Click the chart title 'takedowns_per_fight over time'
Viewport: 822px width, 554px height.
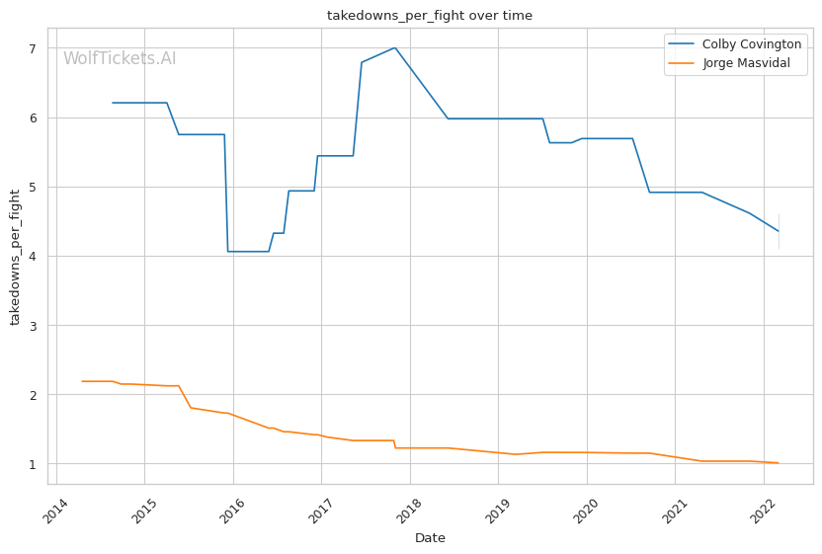[430, 16]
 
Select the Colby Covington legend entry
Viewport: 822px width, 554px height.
[751, 44]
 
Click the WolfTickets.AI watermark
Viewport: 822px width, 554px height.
[120, 59]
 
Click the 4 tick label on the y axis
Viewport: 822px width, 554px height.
[32, 257]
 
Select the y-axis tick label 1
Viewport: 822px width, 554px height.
[32, 464]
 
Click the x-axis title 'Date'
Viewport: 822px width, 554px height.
[430, 538]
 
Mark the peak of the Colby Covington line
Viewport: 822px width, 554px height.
[395, 47]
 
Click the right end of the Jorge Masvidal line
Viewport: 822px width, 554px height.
[779, 463]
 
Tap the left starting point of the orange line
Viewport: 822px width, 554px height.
[82, 381]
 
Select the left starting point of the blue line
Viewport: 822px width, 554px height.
[113, 103]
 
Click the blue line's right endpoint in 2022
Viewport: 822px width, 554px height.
[779, 231]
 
